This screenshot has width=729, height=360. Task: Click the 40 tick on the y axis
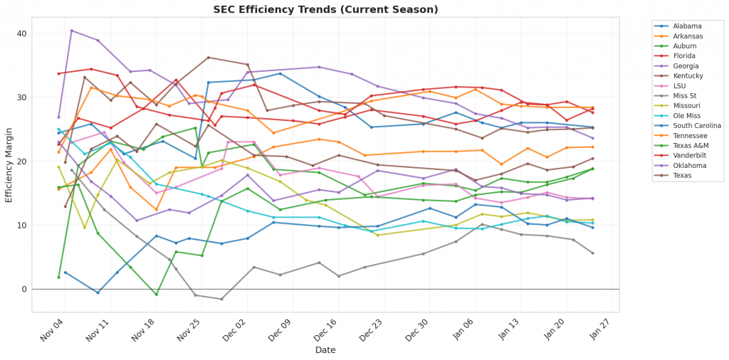tap(21, 33)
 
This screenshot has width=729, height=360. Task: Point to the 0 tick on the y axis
tap(23, 289)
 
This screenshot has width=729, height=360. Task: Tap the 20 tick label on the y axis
tap(21, 162)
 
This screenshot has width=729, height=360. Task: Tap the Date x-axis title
tap(326, 350)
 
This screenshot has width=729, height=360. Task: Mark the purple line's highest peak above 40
tap(71, 31)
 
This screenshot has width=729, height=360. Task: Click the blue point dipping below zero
tap(98, 292)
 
